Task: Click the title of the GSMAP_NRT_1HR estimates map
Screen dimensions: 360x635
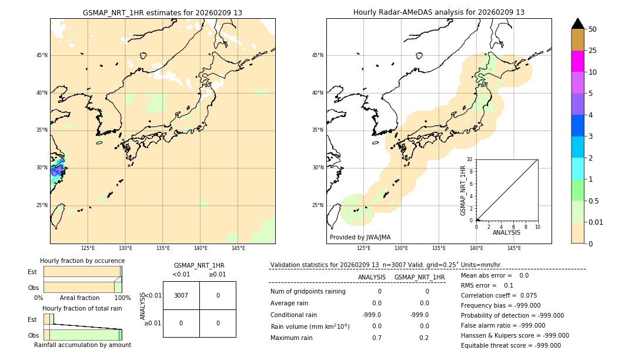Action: pyautogui.click(x=162, y=12)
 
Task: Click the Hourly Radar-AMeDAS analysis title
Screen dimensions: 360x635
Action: pyautogui.click(x=439, y=12)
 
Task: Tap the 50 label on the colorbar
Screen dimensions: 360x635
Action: pyautogui.click(x=593, y=29)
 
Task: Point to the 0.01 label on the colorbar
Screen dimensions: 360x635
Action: pyautogui.click(x=596, y=222)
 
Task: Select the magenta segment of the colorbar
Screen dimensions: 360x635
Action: pyautogui.click(x=577, y=61)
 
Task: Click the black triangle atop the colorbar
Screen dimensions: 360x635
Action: pyautogui.click(x=577, y=24)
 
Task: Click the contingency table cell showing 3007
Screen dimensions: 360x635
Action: pyautogui.click(x=181, y=295)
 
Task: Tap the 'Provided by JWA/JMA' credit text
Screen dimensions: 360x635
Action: pyautogui.click(x=360, y=238)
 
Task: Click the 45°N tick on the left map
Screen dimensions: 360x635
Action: pyautogui.click(x=42, y=55)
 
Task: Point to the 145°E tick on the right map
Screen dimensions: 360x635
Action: pyautogui.click(x=514, y=248)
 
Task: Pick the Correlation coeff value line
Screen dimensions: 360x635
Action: pyautogui.click(x=499, y=296)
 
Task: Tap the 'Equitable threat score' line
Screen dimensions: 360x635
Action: pyautogui.click(x=510, y=345)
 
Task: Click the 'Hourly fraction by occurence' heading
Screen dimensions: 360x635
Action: pyautogui.click(x=82, y=261)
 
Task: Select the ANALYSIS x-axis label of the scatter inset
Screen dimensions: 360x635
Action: pyautogui.click(x=506, y=232)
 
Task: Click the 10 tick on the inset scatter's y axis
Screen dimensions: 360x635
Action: pyautogui.click(x=470, y=159)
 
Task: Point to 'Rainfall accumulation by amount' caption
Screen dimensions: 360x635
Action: pyautogui.click(x=82, y=345)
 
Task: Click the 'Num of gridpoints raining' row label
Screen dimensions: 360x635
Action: pyautogui.click(x=308, y=292)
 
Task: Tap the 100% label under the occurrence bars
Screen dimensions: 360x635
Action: pyautogui.click(x=122, y=298)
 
